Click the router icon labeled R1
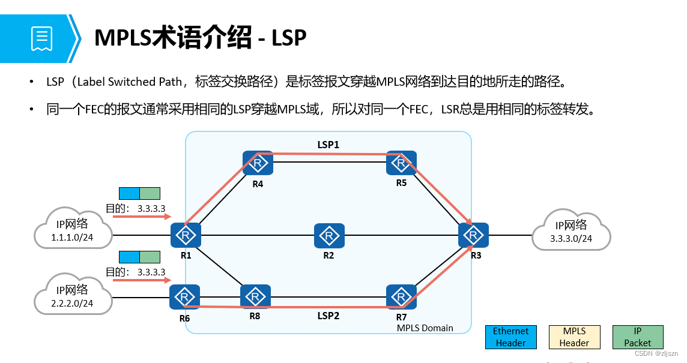tap(185, 236)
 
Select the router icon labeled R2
tap(329, 236)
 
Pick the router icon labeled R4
tap(258, 163)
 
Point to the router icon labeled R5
tap(402, 163)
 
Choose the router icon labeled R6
tap(184, 297)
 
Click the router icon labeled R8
tap(255, 296)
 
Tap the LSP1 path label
tap(328, 145)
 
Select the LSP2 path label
tap(328, 316)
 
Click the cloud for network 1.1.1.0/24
tap(73, 231)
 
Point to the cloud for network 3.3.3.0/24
tap(571, 231)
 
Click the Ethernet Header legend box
tap(510, 337)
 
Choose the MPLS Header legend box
tap(575, 337)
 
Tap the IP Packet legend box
tap(638, 337)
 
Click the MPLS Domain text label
tap(425, 328)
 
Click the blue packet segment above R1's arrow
tap(129, 193)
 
